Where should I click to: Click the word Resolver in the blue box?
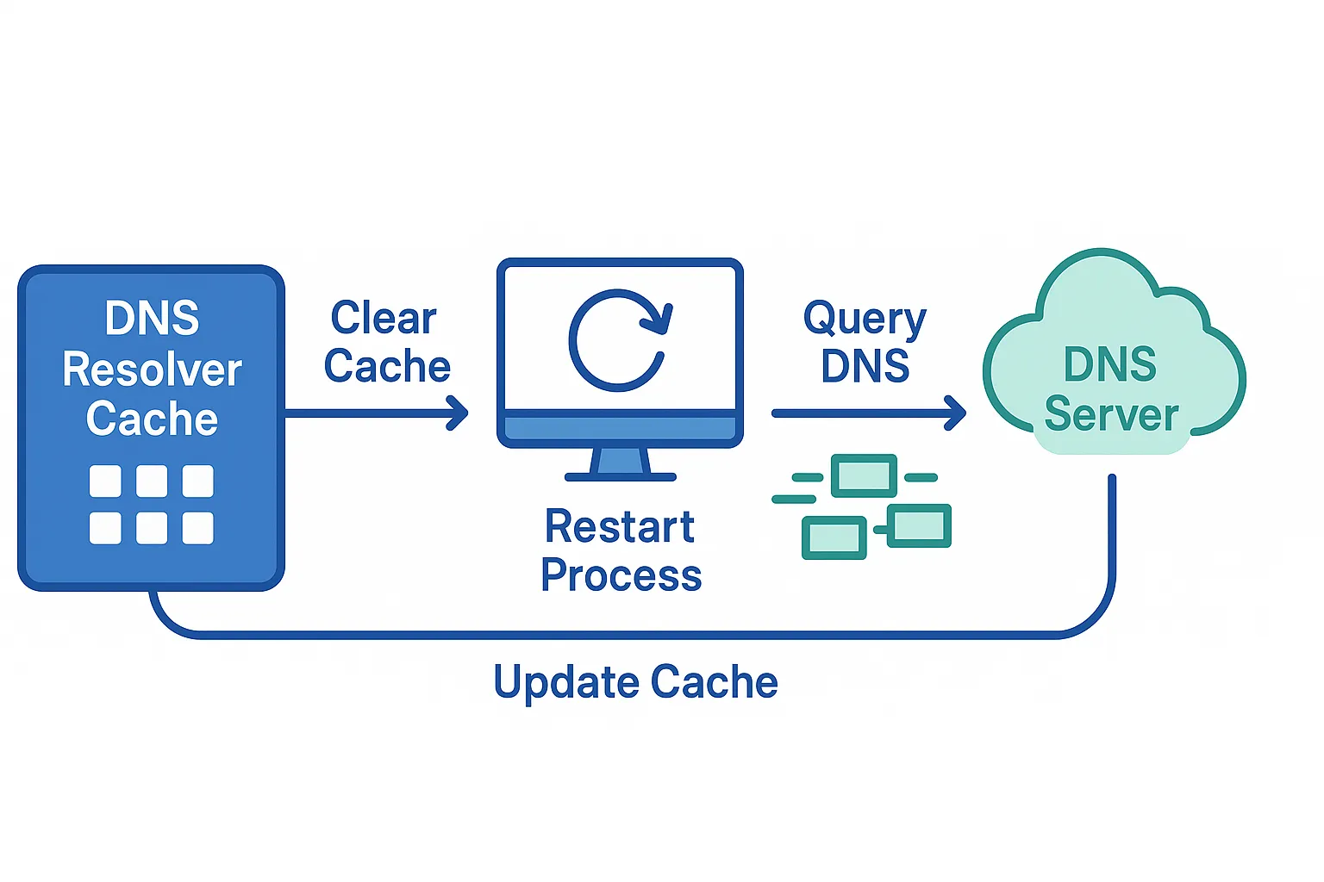point(152,370)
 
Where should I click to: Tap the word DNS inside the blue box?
point(152,319)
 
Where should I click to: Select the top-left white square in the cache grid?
point(105,481)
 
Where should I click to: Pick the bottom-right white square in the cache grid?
point(197,528)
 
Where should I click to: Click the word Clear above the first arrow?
point(384,319)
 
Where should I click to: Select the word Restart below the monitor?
point(620,527)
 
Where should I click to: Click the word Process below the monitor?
point(621,575)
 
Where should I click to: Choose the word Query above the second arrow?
point(865,320)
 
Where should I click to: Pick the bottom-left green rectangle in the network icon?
point(834,538)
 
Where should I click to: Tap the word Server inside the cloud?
point(1111,415)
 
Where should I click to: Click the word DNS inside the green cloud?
point(1110,364)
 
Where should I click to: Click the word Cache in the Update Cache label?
point(714,682)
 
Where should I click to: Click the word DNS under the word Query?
point(865,367)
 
